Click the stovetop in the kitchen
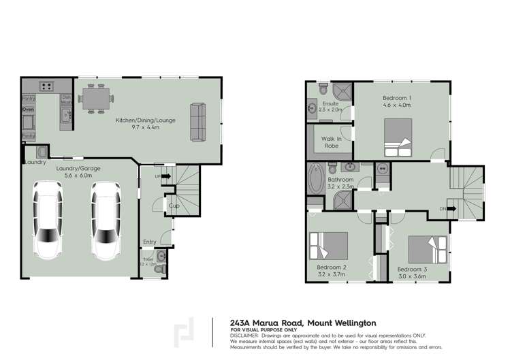pyautogui.click(x=47, y=86)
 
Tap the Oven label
pyautogui.click(x=28, y=109)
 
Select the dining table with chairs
pyautogui.click(x=94, y=98)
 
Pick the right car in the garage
pyautogui.click(x=106, y=220)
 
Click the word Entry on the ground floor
pyautogui.click(x=149, y=242)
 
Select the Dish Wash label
pyautogui.click(x=66, y=99)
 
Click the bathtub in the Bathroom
pyautogui.click(x=315, y=180)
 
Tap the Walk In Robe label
pyautogui.click(x=331, y=142)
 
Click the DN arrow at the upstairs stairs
pyautogui.click(x=443, y=209)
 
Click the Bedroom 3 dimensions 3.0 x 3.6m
pyautogui.click(x=411, y=276)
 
